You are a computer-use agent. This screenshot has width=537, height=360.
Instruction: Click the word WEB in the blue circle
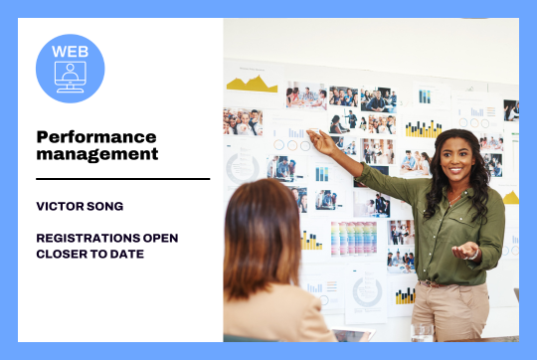coord(71,50)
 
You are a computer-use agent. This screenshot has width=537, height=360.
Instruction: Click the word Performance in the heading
coord(96,135)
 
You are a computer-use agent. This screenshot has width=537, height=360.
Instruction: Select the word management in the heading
coord(96,154)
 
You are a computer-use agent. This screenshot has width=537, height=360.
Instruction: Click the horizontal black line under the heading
coord(122,179)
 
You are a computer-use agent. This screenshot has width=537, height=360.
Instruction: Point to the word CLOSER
coord(62,254)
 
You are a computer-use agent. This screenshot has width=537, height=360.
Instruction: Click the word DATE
coord(128,254)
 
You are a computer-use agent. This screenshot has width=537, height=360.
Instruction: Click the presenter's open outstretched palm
coord(464,251)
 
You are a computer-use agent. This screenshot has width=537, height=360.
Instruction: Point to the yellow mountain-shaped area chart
coord(252,84)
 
